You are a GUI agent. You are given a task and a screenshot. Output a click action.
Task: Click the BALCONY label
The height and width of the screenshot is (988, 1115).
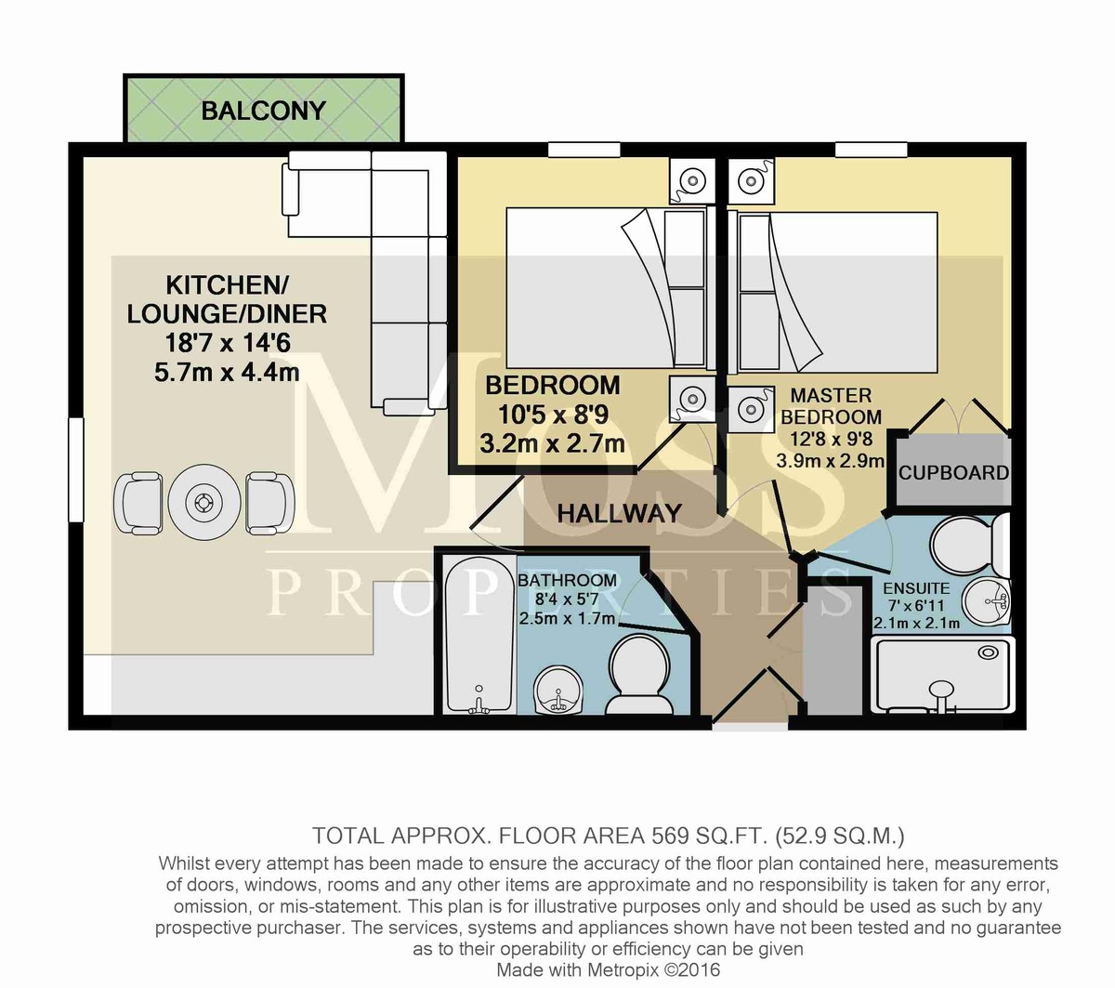pos(264,111)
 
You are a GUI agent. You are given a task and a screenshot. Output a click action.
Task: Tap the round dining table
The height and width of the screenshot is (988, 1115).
pos(204,502)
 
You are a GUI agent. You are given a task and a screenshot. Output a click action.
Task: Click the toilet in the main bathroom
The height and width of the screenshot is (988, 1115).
pos(639,676)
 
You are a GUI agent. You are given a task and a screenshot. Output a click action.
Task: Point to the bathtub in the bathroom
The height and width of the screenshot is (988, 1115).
pos(479,635)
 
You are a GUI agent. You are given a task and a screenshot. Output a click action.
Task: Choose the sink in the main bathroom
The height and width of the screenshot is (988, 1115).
pos(557,691)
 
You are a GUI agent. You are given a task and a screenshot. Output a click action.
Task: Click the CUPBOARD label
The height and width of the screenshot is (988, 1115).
pos(953,473)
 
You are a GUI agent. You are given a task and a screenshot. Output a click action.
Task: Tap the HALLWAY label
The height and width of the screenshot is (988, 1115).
pos(620,514)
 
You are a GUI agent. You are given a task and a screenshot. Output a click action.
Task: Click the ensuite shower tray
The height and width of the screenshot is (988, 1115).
pos(943,676)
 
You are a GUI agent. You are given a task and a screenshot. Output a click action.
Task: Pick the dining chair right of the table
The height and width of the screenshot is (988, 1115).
pos(269,503)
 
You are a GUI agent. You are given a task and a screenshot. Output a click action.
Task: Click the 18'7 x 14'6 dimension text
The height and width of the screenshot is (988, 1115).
pos(228,344)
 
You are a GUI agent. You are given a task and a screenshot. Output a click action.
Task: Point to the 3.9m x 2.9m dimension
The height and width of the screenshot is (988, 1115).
pos(831,460)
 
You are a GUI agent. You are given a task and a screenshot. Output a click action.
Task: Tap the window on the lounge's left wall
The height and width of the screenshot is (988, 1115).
pos(76,469)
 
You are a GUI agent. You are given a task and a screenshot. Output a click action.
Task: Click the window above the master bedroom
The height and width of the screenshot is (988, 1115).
pos(872,149)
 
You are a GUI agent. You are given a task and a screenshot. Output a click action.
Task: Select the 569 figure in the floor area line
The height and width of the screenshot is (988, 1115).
pos(670,836)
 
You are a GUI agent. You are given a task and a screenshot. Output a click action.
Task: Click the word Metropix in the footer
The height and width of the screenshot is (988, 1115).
pos(623,969)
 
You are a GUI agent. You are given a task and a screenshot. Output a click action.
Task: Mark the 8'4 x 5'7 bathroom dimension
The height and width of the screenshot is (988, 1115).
pos(567,599)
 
